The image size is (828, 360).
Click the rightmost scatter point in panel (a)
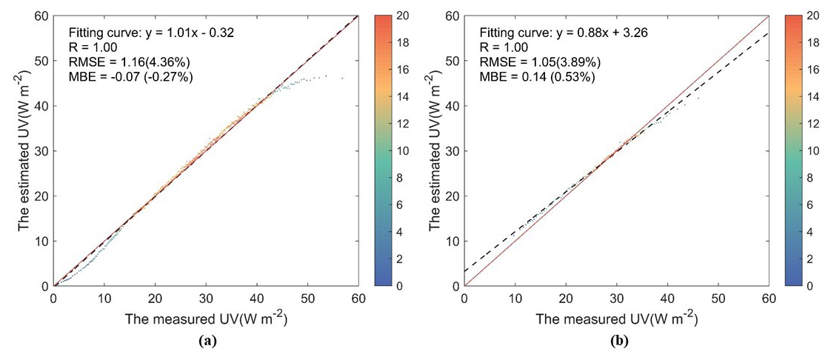(341, 78)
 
